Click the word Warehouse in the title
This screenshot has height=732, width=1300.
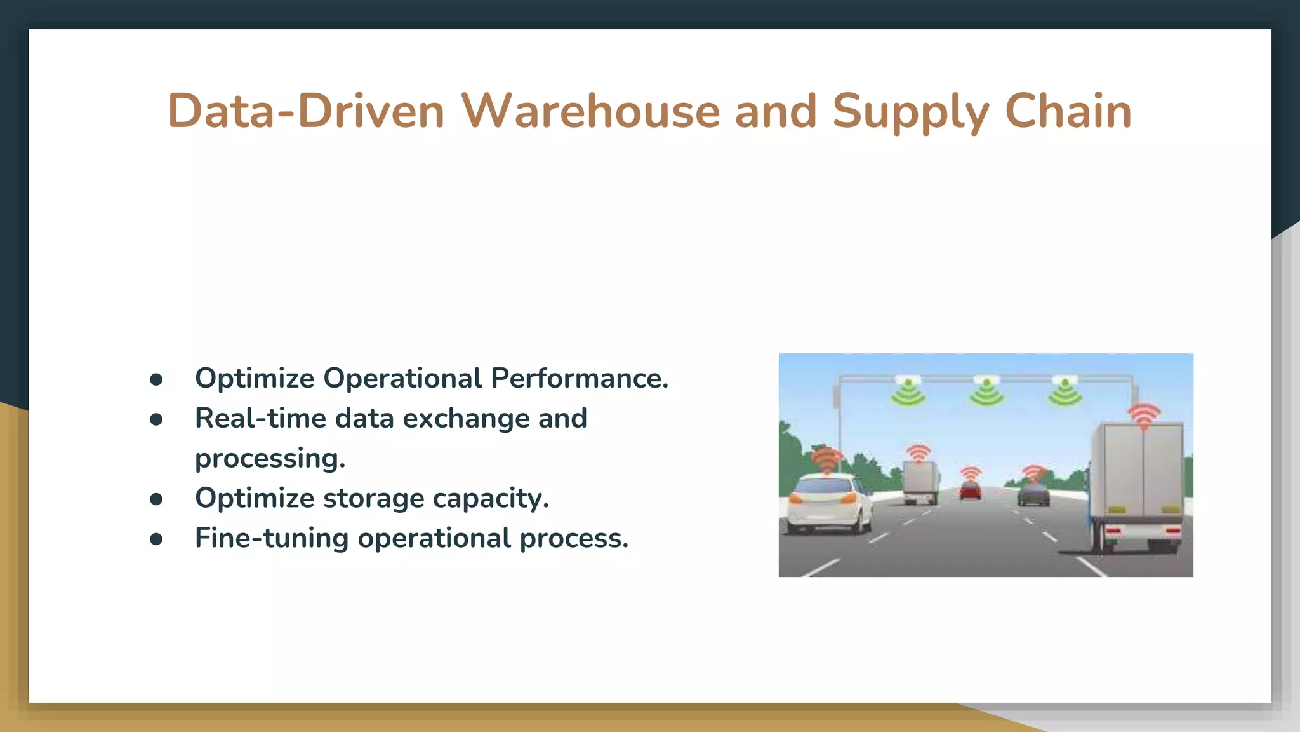coord(590,112)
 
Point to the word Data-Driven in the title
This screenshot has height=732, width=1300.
coord(306,112)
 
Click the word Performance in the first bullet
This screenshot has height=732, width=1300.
coord(580,378)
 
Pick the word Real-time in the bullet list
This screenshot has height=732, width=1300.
coord(260,418)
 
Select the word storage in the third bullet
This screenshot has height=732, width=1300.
coord(373,498)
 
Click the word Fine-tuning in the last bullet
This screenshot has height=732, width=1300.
coord(272,538)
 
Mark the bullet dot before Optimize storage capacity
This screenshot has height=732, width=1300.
coord(156,499)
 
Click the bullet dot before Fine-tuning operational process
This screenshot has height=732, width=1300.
coord(156,539)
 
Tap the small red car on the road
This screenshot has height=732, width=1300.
coord(970,491)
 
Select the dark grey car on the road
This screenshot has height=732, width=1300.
coord(1033,494)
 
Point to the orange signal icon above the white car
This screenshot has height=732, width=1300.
coord(826,460)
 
